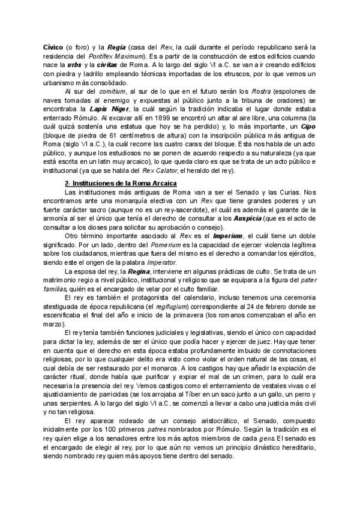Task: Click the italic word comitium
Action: (x=108, y=91)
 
